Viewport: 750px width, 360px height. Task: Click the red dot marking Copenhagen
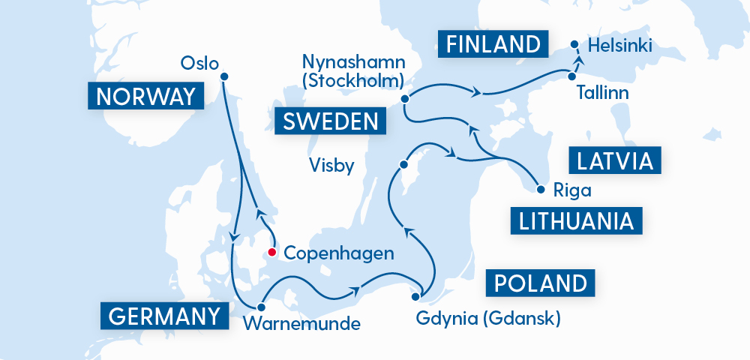click(272, 252)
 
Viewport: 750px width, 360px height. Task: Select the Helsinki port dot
click(575, 44)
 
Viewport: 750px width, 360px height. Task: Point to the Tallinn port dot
click(571, 76)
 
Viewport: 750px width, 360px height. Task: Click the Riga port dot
click(540, 190)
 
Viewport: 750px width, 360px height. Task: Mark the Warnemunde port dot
click(261, 307)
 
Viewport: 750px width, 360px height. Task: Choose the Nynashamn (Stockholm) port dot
click(405, 98)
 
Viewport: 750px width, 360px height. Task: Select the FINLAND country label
click(493, 43)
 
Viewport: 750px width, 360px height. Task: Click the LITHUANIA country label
click(577, 220)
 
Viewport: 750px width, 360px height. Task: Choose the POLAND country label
click(541, 283)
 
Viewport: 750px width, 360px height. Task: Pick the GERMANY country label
click(164, 316)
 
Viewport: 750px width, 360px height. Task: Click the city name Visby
click(331, 165)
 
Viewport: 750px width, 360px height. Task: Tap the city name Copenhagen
click(339, 253)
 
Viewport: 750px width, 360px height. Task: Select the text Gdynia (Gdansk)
click(487, 319)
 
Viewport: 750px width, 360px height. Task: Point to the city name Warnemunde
click(302, 325)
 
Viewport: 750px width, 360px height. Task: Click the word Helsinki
click(620, 46)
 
